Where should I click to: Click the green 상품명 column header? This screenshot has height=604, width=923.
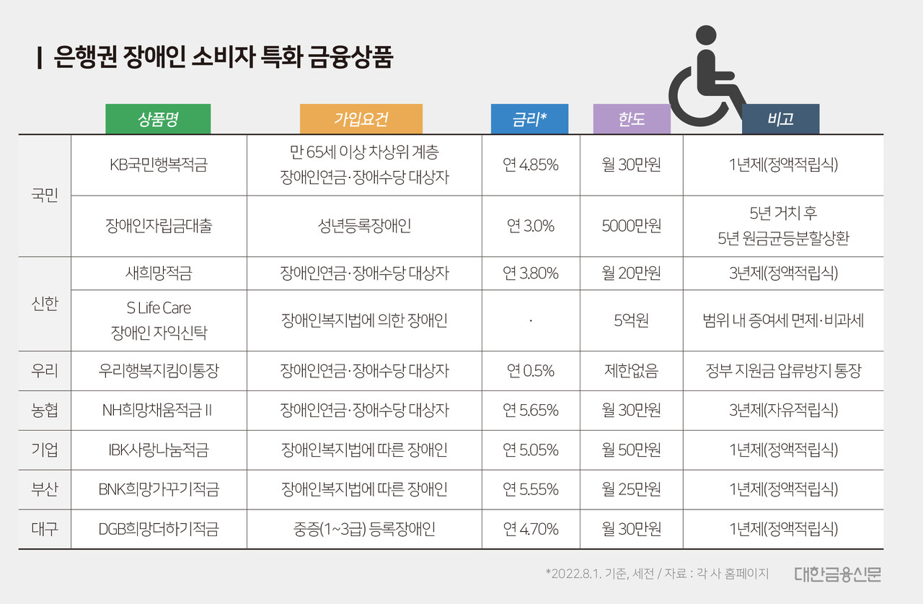158,119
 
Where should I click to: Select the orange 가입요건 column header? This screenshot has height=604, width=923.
361,119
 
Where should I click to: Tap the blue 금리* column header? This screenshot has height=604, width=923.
529,119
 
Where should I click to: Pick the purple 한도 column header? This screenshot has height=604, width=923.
631,119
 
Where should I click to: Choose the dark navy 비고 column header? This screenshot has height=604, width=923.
780,119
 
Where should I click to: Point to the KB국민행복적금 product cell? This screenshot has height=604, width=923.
158,165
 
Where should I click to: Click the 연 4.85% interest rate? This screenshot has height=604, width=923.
530,165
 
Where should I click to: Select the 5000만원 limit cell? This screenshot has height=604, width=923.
631,226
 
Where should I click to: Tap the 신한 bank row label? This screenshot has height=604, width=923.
45,304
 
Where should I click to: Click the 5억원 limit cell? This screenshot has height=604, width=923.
631,320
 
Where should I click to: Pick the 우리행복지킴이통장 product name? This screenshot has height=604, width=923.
158,371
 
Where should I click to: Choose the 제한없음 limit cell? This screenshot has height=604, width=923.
631,371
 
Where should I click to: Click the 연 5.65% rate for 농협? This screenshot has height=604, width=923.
530,411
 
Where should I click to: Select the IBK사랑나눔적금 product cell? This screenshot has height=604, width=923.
158,450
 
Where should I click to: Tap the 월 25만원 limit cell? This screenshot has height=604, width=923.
631,489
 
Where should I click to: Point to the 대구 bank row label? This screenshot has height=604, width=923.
45,529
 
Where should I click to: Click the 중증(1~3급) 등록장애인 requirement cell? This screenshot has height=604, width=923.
364,529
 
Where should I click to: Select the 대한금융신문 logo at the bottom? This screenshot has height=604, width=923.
837,574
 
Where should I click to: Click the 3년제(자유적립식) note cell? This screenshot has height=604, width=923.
783,411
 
